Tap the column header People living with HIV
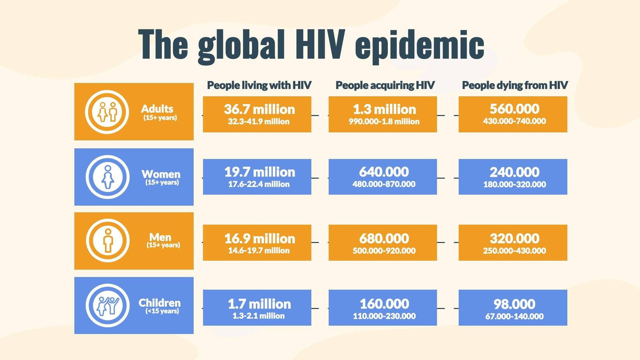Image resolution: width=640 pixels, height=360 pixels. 259,85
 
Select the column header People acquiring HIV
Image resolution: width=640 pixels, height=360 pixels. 385,85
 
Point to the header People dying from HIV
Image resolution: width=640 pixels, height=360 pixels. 514,85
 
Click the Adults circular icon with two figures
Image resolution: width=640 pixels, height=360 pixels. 107,112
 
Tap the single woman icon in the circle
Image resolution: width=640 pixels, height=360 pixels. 107,177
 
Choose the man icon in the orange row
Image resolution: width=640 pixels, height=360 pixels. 107,240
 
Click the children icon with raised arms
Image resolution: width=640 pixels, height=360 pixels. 107,305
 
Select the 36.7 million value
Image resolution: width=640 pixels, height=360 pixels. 259,109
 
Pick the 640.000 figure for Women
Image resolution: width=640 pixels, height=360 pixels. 384,172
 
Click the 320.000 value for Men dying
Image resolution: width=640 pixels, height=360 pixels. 514,238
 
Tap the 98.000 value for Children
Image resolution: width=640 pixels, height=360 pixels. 514,304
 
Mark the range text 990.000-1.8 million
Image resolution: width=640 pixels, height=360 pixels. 384,122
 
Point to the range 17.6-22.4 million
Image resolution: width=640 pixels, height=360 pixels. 259,184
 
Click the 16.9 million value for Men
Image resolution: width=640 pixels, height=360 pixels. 259,238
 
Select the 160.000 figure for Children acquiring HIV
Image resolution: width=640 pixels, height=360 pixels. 384,304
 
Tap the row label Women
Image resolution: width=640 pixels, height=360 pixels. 161,174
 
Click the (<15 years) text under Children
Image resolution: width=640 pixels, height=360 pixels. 162,311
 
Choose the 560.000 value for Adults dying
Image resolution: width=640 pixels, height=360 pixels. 514,109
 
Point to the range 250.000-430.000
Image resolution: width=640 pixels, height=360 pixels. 514,251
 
